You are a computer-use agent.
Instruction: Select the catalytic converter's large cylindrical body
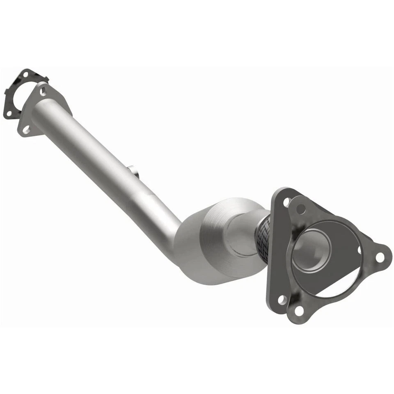213,242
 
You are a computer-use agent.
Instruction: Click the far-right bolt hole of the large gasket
380,257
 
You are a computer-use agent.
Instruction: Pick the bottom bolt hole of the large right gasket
300,311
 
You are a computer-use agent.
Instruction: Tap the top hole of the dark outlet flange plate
287,202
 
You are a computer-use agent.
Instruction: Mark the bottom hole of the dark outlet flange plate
282,300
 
